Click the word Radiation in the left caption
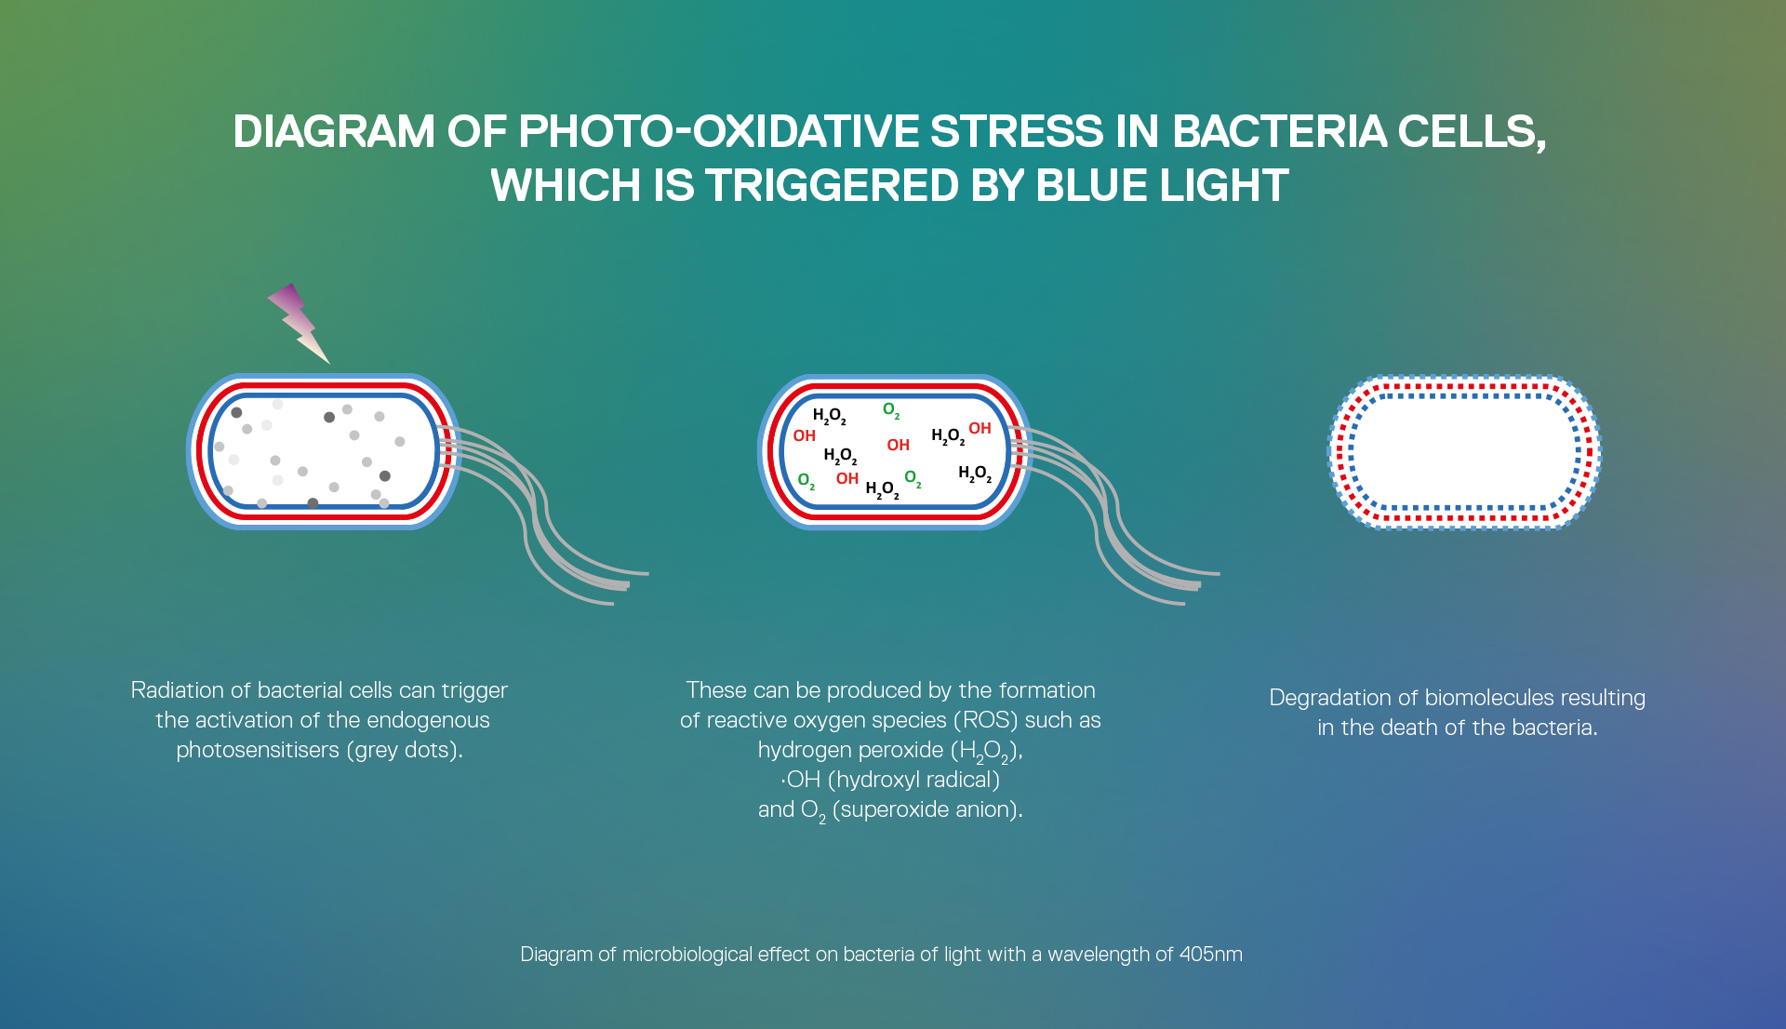point(178,690)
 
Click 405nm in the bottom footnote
point(1211,955)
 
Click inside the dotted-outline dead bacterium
point(1464,453)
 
